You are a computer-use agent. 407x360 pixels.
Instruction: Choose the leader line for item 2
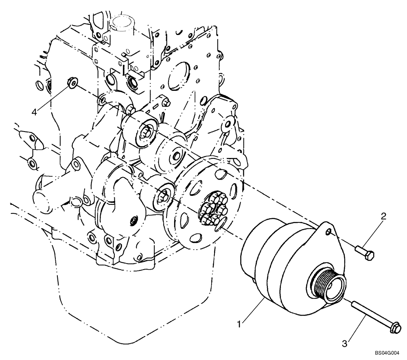point(374,230)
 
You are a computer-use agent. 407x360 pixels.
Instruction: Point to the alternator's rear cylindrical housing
point(260,261)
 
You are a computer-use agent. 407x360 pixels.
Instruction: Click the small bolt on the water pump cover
point(132,221)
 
